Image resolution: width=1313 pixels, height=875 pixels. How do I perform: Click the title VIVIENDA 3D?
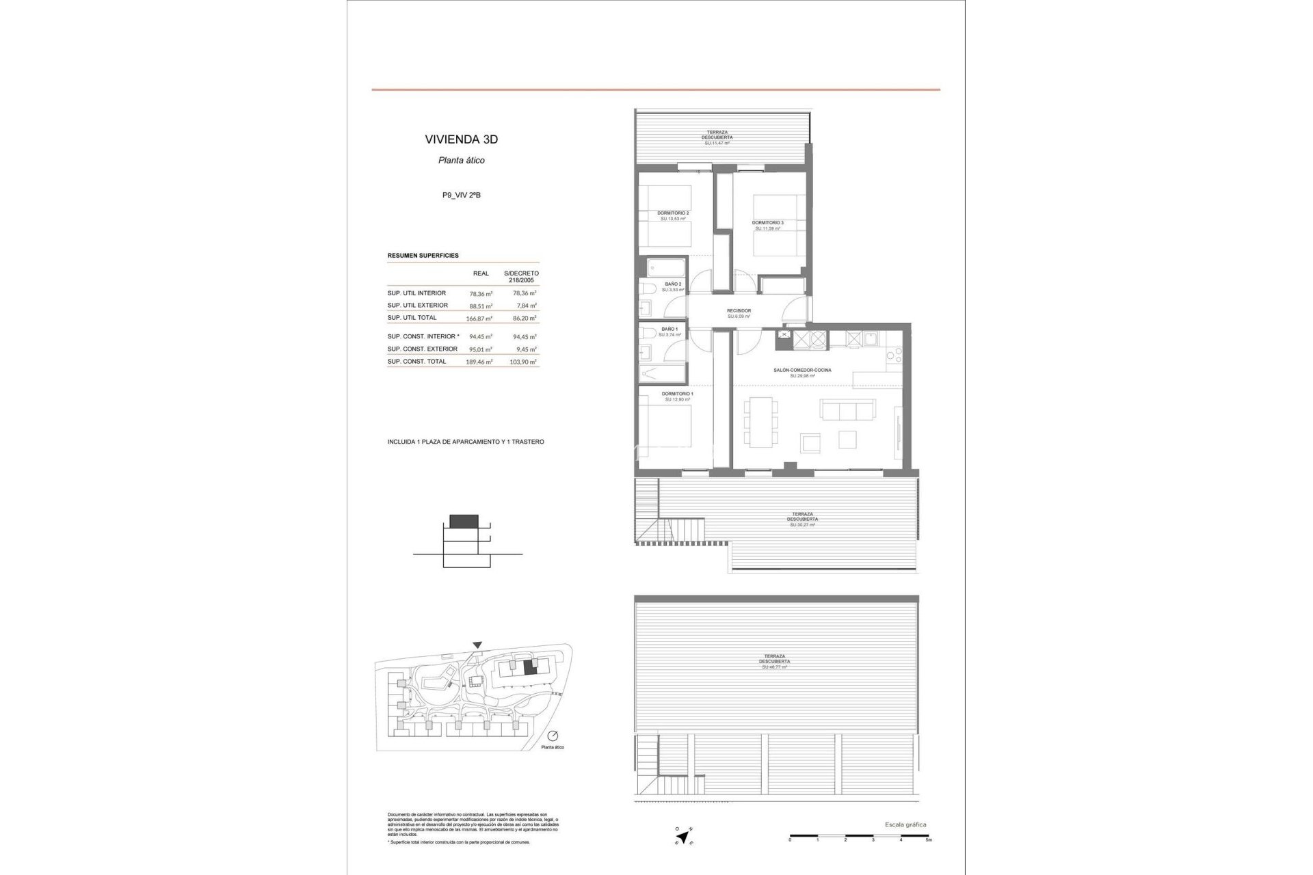(x=461, y=139)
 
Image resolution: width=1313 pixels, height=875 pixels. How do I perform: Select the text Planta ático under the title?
(x=461, y=161)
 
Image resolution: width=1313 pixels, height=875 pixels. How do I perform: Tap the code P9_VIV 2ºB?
(x=461, y=196)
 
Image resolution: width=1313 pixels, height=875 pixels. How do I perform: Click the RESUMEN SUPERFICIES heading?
(x=423, y=256)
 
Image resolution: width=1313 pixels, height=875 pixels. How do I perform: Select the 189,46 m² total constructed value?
(x=479, y=362)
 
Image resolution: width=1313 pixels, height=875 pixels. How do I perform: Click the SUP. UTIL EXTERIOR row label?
(x=417, y=306)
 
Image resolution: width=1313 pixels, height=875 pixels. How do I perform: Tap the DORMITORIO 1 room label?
(x=677, y=394)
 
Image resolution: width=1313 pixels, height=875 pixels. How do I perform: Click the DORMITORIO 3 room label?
(x=767, y=223)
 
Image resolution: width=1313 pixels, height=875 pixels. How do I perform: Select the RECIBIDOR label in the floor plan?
(x=739, y=311)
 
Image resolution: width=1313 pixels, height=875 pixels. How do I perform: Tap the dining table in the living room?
(x=760, y=421)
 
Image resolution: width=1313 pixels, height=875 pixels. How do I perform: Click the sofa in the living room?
(x=848, y=410)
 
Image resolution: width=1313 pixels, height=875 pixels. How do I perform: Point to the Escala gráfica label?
(x=905, y=825)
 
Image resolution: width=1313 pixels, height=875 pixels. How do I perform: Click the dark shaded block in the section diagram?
(x=465, y=521)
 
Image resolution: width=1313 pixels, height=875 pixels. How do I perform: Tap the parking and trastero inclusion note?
(x=465, y=442)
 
